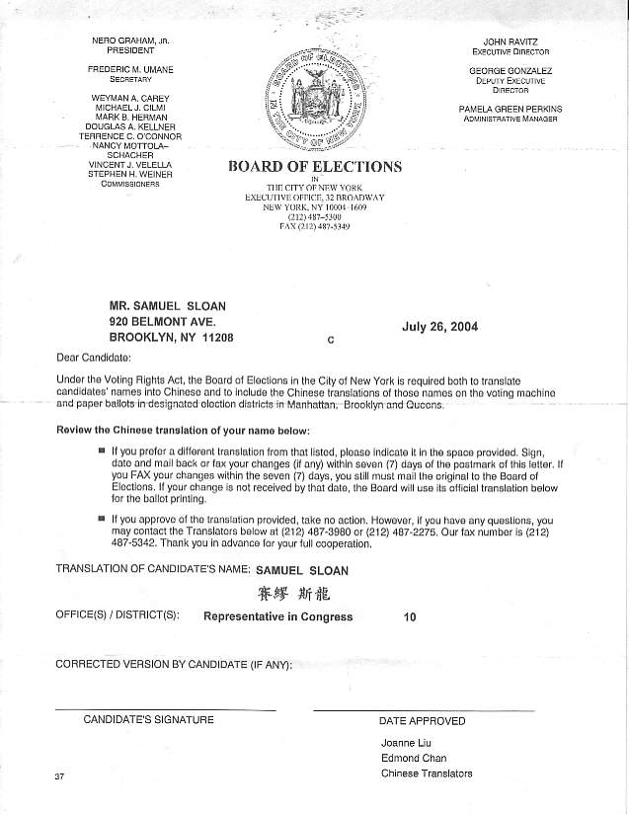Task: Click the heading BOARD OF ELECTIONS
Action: pos(315,166)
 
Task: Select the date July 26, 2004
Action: pos(439,327)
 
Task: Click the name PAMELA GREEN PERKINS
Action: pos(511,109)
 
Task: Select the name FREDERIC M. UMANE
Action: pos(130,69)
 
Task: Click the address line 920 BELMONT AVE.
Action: pos(162,322)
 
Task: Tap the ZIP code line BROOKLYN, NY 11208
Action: pos(173,338)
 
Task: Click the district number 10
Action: pos(410,617)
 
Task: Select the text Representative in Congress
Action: pos(277,617)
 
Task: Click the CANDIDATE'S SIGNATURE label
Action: pos(148,719)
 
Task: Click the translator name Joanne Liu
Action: pos(406,743)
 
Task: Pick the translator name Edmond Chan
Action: pos(414,759)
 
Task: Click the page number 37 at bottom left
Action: pos(60,776)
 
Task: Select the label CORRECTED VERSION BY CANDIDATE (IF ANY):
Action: pos(174,664)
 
